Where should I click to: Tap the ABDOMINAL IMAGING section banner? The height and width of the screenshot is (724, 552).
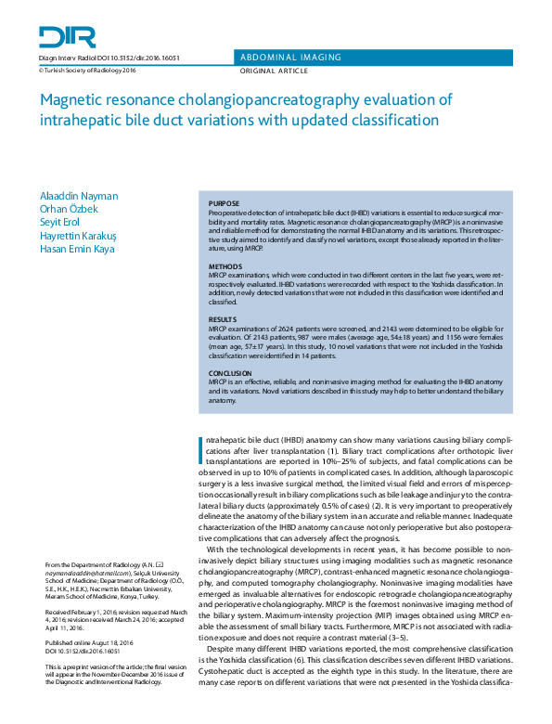[289, 57]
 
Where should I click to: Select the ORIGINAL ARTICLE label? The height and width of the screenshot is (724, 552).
[276, 71]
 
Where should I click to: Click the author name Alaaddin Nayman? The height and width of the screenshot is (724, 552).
[79, 196]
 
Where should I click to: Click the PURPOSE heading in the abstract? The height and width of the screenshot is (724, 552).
[224, 203]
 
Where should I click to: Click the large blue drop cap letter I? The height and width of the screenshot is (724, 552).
[203, 448]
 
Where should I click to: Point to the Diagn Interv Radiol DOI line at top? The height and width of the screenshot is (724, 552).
[109, 58]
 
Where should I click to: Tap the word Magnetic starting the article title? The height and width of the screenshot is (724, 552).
[71, 100]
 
